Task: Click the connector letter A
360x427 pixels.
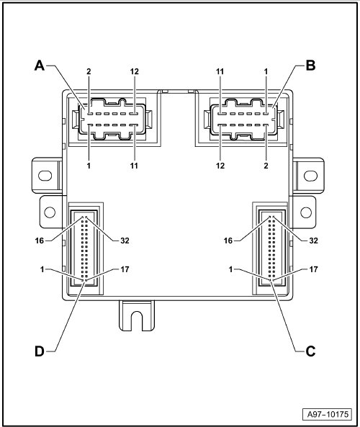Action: pyautogui.click(x=40, y=66)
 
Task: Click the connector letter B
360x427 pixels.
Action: pyautogui.click(x=310, y=66)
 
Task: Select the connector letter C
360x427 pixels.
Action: pyautogui.click(x=310, y=351)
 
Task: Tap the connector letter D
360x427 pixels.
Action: pyautogui.click(x=40, y=351)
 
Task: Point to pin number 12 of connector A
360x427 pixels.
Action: pyautogui.click(x=134, y=71)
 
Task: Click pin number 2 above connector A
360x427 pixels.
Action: pyautogui.click(x=89, y=71)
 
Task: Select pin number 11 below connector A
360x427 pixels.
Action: pyautogui.click(x=134, y=166)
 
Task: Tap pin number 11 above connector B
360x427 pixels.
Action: pyautogui.click(x=220, y=71)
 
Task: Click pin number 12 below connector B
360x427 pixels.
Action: pyautogui.click(x=220, y=166)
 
